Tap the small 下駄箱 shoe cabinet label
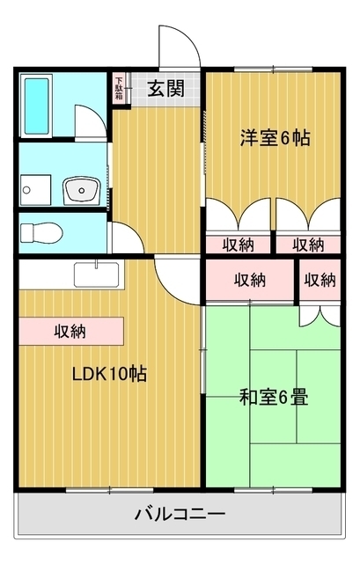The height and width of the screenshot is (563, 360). (x=118, y=88)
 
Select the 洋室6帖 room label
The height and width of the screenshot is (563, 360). (x=275, y=138)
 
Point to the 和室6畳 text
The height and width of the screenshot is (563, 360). (x=274, y=397)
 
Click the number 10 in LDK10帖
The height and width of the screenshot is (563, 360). (x=118, y=374)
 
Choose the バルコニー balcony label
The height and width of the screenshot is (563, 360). (x=180, y=513)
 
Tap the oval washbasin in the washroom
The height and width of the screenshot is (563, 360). (x=82, y=189)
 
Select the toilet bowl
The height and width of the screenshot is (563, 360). (x=39, y=233)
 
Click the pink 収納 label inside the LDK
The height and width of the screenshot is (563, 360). (x=70, y=332)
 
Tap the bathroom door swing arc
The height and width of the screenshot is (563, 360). (x=89, y=121)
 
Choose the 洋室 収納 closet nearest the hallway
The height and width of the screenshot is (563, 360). (x=238, y=244)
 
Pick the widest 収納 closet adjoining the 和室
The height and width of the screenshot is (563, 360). (x=250, y=281)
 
